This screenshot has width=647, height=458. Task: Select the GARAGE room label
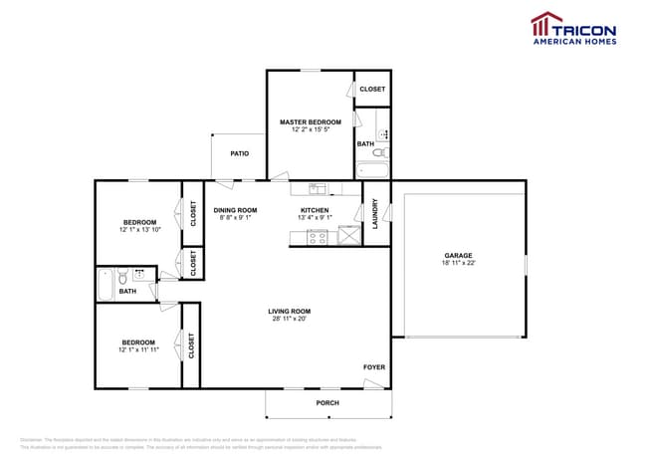[458, 256]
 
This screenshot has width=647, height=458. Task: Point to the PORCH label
[327, 402]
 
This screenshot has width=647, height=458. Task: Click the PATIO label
[240, 153]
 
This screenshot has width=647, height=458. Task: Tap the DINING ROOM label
[236, 210]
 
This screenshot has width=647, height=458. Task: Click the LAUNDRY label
[376, 213]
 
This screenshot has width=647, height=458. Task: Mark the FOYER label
[373, 367]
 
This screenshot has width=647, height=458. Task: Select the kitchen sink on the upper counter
[316, 188]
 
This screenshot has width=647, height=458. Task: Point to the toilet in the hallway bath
[122, 276]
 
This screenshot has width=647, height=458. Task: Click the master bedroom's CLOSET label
[372, 89]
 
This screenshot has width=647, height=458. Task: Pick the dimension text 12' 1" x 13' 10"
[139, 230]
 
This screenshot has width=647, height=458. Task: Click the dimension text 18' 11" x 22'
[458, 264]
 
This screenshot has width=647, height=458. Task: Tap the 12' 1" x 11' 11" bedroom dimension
[139, 349]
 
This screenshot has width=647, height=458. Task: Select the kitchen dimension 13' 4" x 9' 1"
[315, 218]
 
